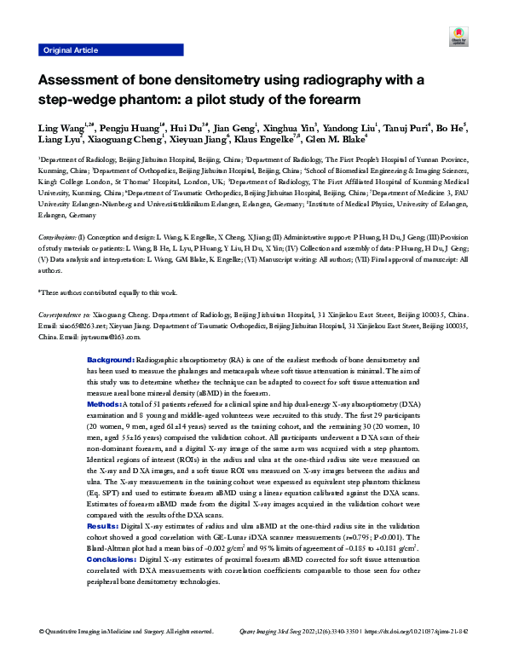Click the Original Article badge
click(x=71, y=50)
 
